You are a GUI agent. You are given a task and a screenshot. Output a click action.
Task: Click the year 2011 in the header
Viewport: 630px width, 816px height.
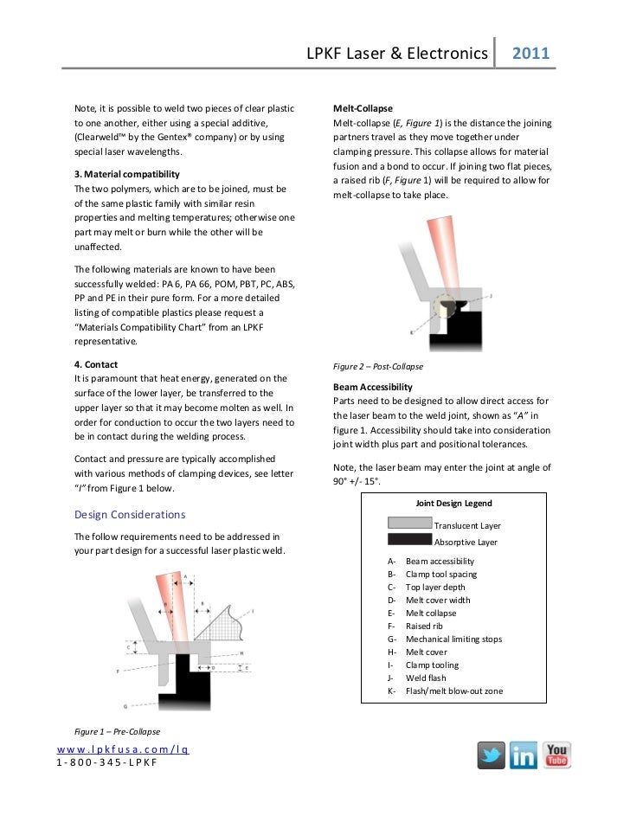531,54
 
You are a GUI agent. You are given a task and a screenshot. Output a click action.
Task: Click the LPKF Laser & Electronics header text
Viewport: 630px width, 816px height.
397,54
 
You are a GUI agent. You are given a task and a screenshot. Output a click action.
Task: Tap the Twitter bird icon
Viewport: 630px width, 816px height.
491,755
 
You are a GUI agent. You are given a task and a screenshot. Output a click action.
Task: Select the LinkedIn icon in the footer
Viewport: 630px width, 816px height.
523,755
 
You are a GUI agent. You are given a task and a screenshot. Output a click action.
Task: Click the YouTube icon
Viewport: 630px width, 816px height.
556,755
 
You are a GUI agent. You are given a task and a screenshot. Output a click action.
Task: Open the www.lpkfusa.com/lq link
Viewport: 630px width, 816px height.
123,748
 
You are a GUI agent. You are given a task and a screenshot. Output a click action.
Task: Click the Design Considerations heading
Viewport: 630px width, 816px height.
129,514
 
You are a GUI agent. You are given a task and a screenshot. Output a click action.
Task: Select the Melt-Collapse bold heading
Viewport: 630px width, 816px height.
363,109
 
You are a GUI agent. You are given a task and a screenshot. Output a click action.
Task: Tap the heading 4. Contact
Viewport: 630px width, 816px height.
96,364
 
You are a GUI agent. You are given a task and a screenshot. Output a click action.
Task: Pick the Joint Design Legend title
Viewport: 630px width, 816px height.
453,503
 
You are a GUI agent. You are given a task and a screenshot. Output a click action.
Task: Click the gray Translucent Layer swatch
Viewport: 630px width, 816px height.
409,524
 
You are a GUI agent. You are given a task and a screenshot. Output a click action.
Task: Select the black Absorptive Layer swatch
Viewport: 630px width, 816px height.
409,540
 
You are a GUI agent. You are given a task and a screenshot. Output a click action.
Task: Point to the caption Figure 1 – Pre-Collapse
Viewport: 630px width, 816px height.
111,732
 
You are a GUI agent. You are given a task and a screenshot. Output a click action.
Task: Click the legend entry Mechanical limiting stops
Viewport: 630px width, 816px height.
453,639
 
